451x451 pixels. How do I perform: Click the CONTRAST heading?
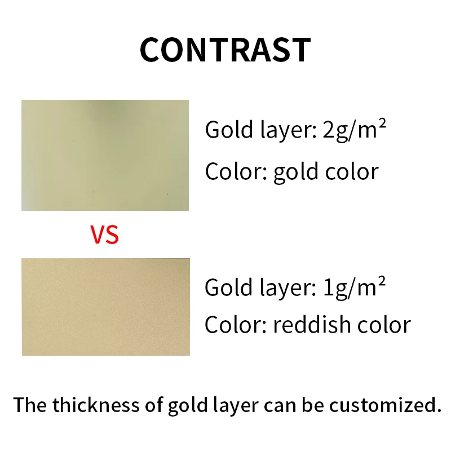225,50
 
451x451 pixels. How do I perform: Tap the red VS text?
105,235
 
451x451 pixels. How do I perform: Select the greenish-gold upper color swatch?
105,155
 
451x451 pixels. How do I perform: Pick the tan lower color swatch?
105,307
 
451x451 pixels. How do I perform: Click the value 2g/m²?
354,130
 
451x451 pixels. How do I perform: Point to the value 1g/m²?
353,288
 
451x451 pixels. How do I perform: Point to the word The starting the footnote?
30,405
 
